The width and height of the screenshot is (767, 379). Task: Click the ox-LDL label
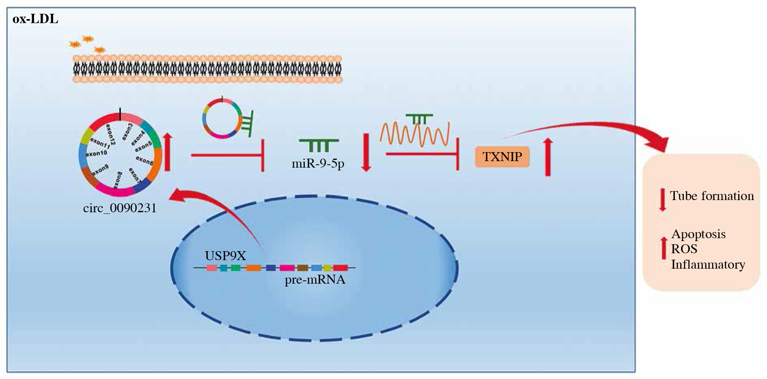(x=35, y=19)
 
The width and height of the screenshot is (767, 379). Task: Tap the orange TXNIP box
(x=502, y=157)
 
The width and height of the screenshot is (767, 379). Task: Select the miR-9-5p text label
(x=318, y=164)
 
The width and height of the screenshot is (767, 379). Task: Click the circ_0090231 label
(x=120, y=208)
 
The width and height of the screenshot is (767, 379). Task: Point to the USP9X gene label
(x=225, y=256)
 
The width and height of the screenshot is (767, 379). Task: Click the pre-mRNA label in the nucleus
(x=315, y=280)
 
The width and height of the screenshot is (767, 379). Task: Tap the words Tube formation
(x=712, y=196)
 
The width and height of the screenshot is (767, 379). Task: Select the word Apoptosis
(x=698, y=234)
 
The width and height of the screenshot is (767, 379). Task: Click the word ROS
(x=684, y=249)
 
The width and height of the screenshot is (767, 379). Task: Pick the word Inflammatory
(x=708, y=265)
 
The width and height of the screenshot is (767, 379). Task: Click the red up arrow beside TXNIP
(x=548, y=157)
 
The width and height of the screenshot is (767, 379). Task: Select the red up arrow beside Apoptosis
(x=664, y=248)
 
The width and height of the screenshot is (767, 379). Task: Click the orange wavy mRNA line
(x=414, y=134)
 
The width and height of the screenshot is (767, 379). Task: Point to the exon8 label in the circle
(x=118, y=180)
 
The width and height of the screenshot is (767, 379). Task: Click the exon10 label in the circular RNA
(x=97, y=153)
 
